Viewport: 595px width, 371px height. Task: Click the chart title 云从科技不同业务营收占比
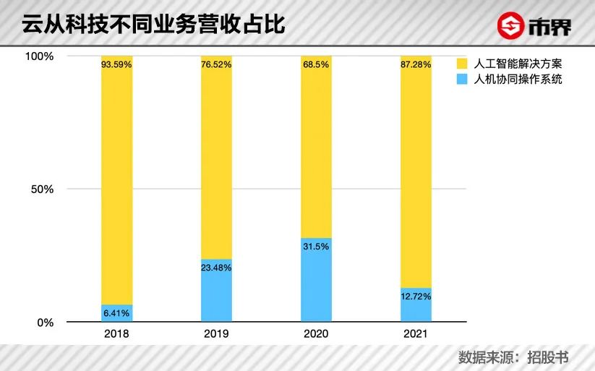tap(153, 25)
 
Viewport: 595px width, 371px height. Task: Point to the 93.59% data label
tap(116, 64)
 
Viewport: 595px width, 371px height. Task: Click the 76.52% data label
tap(216, 64)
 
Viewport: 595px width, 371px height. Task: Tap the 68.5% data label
tap(316, 64)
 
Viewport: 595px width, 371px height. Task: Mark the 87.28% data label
tap(416, 64)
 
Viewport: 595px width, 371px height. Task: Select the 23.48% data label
tap(216, 268)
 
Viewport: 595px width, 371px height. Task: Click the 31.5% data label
tap(316, 246)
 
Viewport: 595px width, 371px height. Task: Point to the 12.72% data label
tap(416, 296)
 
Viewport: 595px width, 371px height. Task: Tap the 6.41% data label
tap(116, 312)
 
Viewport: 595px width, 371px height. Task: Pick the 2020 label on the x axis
tap(316, 334)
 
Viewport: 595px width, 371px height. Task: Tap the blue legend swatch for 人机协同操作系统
tap(463, 79)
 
